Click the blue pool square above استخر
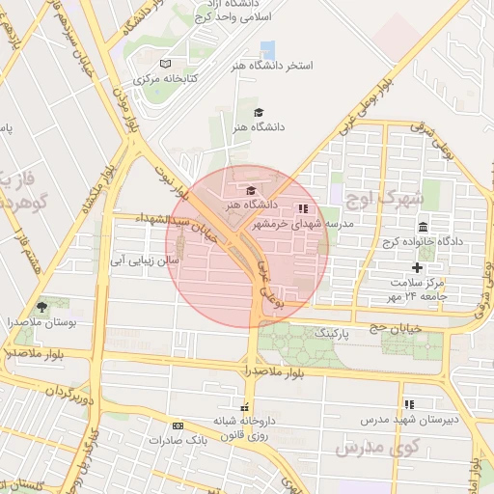click(x=268, y=48)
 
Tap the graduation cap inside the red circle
click(x=251, y=190)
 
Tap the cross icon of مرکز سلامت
click(x=417, y=267)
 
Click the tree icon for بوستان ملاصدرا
click(x=40, y=306)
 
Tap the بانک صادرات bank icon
click(x=178, y=425)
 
